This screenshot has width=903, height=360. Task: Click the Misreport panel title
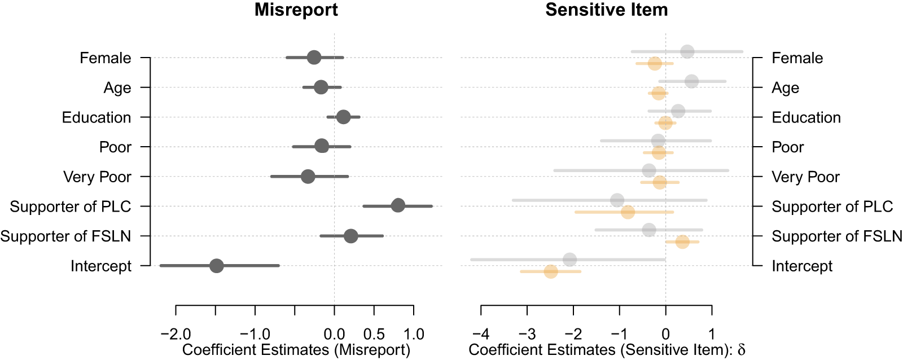coord(296,10)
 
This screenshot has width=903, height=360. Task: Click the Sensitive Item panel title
coord(606,10)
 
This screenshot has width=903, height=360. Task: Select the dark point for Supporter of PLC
coord(398,205)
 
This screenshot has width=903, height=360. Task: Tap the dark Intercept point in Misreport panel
coord(217,266)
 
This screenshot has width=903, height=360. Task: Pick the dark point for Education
coord(343,117)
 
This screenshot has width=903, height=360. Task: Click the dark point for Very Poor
coord(308,177)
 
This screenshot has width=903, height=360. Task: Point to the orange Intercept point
coord(551,271)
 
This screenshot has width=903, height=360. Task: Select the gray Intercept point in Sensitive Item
coord(570,260)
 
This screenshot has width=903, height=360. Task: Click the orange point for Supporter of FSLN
coord(682,242)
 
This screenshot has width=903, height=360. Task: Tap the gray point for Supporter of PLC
coord(617,200)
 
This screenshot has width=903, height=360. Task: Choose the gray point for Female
coord(687,51)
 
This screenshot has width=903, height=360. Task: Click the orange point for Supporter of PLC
coord(628,212)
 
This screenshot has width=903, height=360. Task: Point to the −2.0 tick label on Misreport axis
coord(176,334)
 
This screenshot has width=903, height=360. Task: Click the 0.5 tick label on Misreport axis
coord(374,334)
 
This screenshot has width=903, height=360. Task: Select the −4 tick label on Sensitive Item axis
coord(481,334)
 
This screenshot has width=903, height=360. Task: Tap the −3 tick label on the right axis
coord(527,334)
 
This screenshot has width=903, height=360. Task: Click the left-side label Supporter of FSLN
coord(65,236)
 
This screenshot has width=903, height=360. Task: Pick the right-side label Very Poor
coord(805,177)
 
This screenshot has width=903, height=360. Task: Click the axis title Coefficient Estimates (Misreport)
coord(296,350)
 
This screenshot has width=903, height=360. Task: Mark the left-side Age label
coord(117,87)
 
